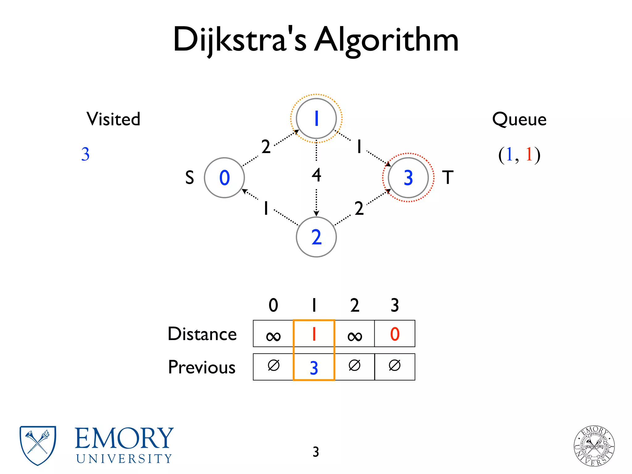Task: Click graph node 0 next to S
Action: (224, 178)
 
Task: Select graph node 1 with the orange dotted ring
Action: (316, 118)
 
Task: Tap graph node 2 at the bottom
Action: (316, 237)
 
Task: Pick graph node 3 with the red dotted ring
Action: (408, 178)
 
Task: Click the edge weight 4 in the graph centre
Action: (316, 175)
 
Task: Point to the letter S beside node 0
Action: (189, 178)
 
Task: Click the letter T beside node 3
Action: (448, 178)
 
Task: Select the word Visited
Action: (113, 119)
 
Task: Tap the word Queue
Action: (519, 119)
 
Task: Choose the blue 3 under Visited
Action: (85, 154)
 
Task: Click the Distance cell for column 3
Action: (395, 334)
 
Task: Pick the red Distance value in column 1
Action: (314, 334)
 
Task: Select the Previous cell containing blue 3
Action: (314, 368)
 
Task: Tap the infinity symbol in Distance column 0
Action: (273, 336)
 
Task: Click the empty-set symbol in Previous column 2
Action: (355, 366)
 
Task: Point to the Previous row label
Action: (202, 367)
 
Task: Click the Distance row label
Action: (202, 334)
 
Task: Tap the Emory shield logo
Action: (38, 445)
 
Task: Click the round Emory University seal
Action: (594, 446)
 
